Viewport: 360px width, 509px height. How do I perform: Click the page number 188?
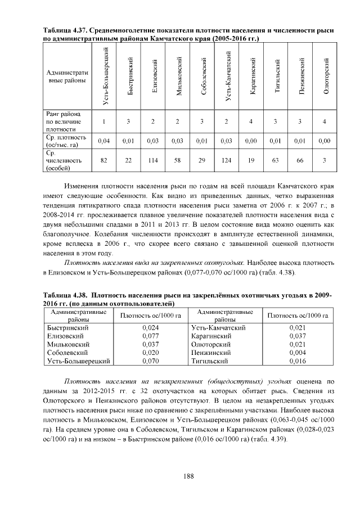click(188, 476)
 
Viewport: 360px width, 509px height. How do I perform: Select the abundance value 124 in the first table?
click(227, 160)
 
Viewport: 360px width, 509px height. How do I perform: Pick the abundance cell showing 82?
click(104, 160)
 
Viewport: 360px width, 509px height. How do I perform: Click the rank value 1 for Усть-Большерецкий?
click(104, 121)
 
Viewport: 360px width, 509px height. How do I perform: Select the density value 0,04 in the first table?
click(104, 141)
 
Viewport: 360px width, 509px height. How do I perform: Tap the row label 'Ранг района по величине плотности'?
click(63, 121)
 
